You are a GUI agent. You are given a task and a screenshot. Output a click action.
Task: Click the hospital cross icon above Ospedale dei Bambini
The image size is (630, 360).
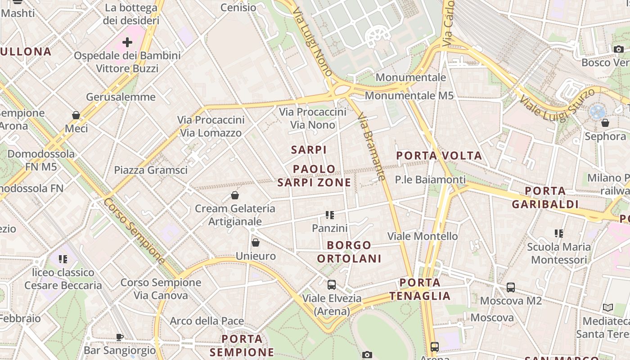click(127, 42)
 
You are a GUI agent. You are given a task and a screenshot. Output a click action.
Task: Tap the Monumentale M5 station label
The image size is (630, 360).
click(409, 95)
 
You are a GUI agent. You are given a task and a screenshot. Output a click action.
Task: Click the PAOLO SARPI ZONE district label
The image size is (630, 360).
click(314, 175)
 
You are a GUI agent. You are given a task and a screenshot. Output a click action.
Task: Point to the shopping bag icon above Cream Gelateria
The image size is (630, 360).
click(234, 195)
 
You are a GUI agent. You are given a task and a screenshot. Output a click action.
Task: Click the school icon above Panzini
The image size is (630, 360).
click(330, 215)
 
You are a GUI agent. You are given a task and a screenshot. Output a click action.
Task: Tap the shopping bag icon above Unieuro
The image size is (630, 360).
click(256, 243)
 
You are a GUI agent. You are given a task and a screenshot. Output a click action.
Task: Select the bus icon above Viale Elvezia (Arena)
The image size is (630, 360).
click(332, 284)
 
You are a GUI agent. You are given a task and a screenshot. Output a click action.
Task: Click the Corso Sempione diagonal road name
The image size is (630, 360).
click(134, 230)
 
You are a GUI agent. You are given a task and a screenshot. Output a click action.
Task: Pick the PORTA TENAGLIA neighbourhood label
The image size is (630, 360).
click(420, 289)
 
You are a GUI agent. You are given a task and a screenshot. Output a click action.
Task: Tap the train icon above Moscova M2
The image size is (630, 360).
click(510, 287)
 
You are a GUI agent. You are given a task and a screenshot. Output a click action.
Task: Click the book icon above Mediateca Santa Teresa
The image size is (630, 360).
click(607, 308)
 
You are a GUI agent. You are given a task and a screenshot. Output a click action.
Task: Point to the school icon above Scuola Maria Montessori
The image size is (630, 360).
click(558, 233)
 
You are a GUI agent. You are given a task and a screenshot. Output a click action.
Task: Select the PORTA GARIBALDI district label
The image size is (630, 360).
click(545, 197)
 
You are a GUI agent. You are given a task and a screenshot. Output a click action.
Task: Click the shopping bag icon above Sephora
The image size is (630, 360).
click(605, 122)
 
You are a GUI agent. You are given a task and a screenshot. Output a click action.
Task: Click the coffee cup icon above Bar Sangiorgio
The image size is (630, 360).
click(120, 337)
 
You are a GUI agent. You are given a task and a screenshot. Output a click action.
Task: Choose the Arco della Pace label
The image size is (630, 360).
click(207, 321)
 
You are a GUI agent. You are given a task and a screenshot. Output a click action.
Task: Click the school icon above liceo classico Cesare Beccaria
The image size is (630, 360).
click(63, 259)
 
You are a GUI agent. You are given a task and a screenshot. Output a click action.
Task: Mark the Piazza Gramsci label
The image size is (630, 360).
click(151, 170)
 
